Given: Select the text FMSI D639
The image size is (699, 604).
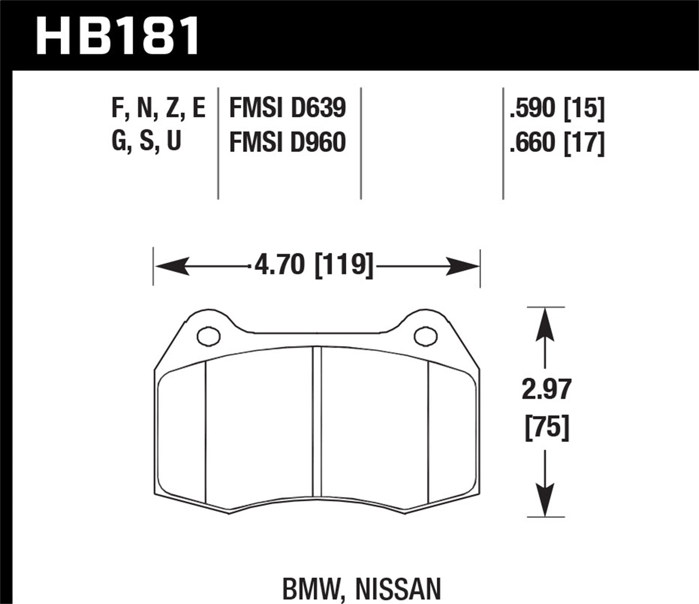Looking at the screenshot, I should [x=287, y=108].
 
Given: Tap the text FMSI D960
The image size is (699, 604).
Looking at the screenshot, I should [x=287, y=142].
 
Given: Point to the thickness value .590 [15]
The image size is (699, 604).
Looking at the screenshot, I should [x=557, y=108].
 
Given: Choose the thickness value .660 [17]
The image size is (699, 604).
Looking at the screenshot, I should [x=557, y=142].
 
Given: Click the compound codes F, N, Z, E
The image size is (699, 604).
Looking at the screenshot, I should [x=158, y=108].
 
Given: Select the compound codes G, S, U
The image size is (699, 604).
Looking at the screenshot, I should [x=146, y=141].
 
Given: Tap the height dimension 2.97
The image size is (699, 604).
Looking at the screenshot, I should [x=546, y=390].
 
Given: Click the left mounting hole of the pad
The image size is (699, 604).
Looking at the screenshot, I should [x=208, y=336].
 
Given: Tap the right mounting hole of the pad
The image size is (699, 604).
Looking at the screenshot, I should [x=425, y=336].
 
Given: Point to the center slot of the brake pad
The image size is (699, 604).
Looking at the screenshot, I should [x=317, y=422].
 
